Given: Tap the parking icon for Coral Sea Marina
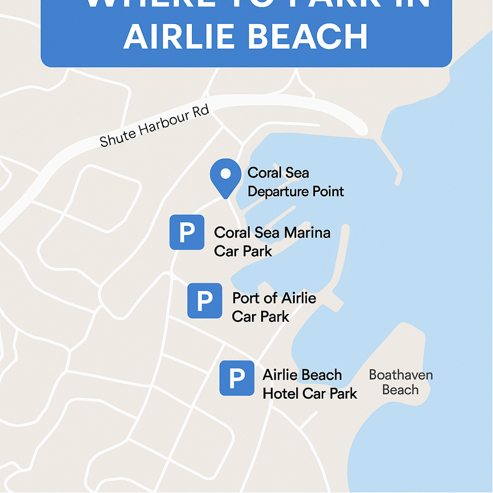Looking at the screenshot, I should coord(187,232).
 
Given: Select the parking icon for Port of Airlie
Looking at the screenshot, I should coord(205,300).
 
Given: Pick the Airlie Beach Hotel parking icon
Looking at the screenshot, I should coord(237,378).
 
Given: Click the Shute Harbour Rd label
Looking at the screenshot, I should coord(154,128).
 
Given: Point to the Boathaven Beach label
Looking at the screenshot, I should coord(400,382).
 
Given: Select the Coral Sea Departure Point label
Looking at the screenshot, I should coord(296,182).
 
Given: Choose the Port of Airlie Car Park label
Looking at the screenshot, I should coord(274,307).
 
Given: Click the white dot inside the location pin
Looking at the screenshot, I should coord(225,174).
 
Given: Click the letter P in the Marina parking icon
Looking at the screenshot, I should coord(187,233).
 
